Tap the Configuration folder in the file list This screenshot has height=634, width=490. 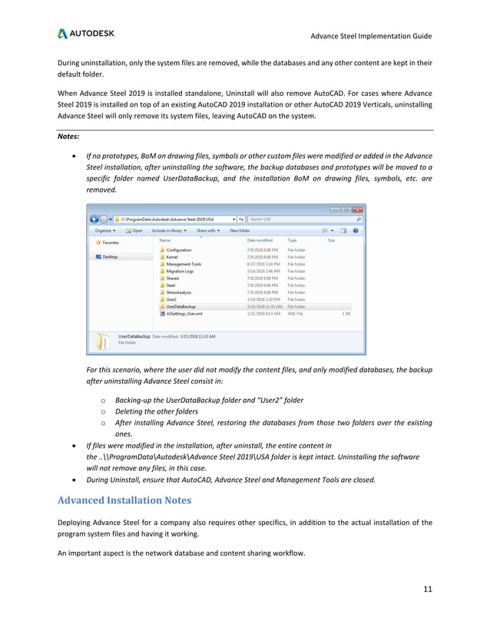(178, 250)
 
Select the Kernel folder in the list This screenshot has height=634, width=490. (172, 257)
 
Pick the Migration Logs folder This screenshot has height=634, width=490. (180, 271)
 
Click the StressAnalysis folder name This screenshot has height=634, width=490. (179, 292)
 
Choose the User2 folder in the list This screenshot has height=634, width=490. (172, 299)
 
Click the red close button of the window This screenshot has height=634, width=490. (358, 209)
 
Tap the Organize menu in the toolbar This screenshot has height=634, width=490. (105, 229)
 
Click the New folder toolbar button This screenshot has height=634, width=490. (239, 229)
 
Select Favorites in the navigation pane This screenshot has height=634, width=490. (110, 242)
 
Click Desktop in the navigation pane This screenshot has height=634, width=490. (111, 257)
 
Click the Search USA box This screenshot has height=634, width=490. (303, 219)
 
